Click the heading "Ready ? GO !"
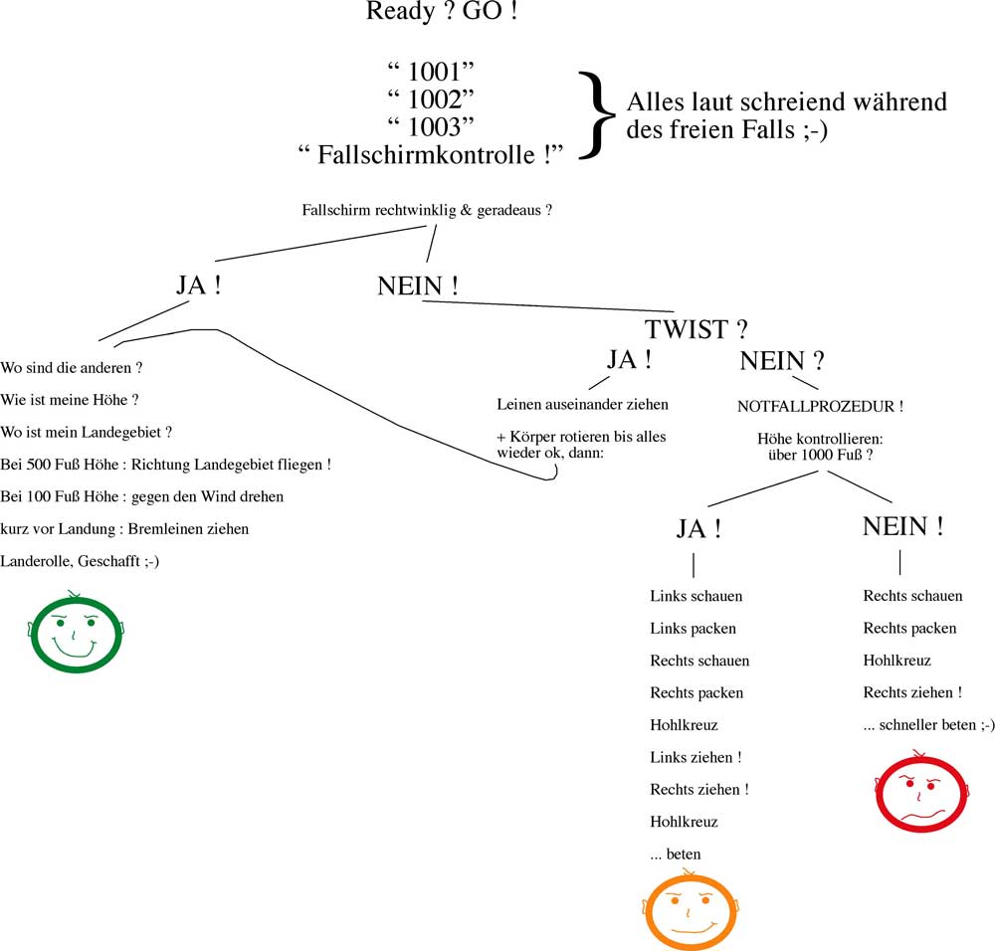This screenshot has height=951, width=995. [x=442, y=13]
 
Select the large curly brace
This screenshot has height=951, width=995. [x=595, y=113]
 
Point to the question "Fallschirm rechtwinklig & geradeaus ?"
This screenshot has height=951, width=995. [x=427, y=210]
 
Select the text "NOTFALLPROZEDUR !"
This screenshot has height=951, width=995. [x=821, y=407]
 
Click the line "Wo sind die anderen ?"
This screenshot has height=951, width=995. [x=72, y=367]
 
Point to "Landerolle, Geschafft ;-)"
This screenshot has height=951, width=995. [x=81, y=561]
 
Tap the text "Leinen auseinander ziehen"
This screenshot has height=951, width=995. [x=582, y=404]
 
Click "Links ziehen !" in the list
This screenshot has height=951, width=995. [x=696, y=757]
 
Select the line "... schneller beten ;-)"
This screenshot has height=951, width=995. [x=928, y=725]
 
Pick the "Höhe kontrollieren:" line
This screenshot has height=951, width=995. [x=820, y=438]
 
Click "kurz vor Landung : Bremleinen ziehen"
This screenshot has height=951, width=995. [x=124, y=528]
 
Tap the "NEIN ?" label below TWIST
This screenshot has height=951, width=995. [x=781, y=361]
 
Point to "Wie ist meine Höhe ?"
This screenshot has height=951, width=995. [x=69, y=400]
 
